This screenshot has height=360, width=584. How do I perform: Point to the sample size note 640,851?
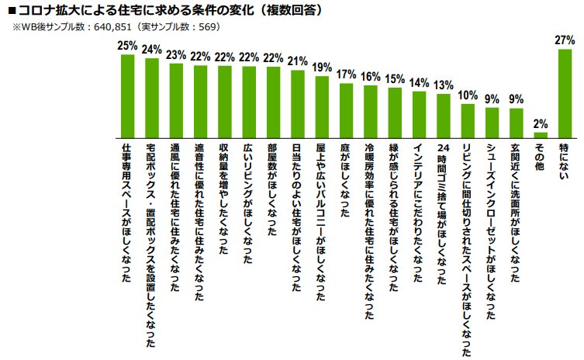coord(116,26)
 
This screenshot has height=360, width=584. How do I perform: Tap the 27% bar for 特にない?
coord(565,93)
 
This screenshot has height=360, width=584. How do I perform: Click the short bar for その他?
coord(541,134)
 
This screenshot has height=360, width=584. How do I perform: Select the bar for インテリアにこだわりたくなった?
coord(419,114)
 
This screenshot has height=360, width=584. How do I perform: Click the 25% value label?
coord(127,47)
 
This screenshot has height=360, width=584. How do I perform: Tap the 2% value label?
coord(541,124)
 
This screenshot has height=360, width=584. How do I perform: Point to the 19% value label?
coord(322,67)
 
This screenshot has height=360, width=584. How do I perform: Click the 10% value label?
coord(468,95)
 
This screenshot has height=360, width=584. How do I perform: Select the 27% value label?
coord(565,40)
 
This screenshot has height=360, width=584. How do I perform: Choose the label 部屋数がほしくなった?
coord(273,190)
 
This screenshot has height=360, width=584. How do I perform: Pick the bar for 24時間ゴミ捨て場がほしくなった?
coord(444,116)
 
